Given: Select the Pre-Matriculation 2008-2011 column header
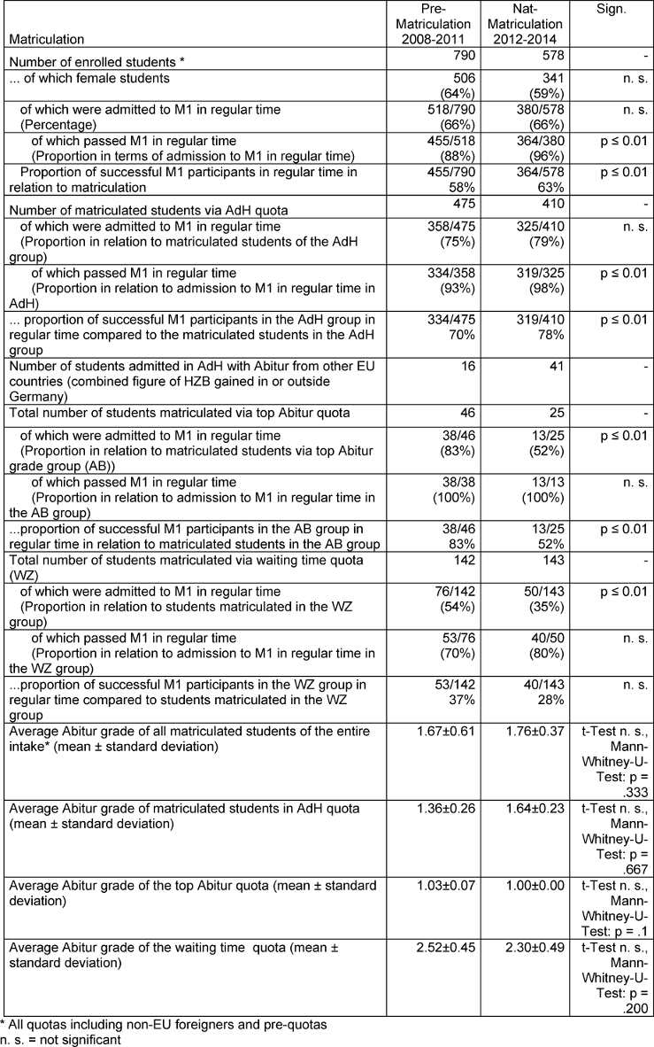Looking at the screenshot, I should pyautogui.click(x=433, y=24).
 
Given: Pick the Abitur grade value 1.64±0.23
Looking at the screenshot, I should pyautogui.click(x=529, y=808).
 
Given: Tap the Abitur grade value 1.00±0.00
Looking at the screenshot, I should pyautogui.click(x=529, y=886).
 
